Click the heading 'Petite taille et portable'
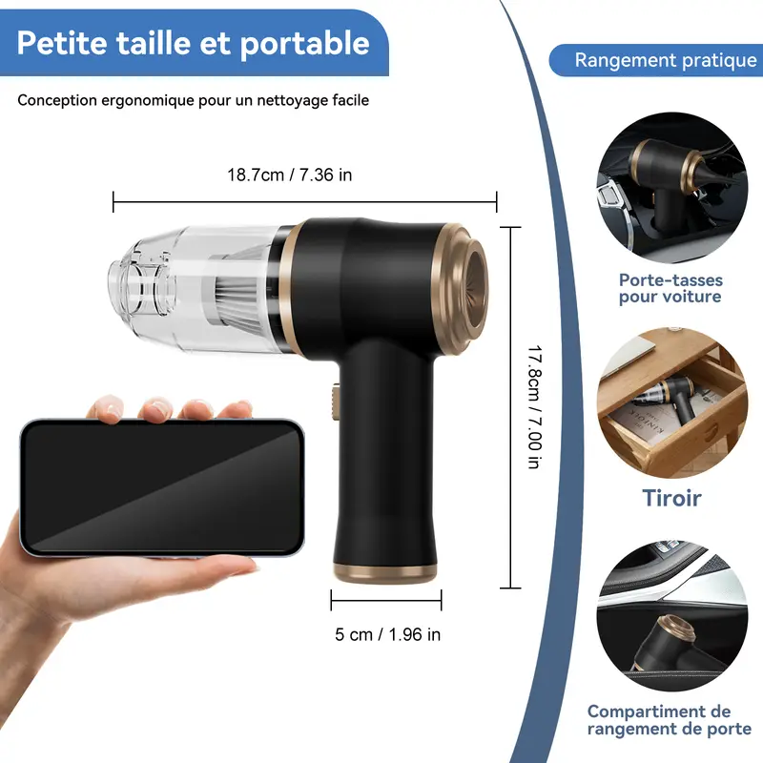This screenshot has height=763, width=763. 194,43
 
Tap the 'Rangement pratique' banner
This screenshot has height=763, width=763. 656,60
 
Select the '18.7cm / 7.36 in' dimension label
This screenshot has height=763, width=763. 290,175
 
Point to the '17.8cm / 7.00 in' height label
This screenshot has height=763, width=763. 535,407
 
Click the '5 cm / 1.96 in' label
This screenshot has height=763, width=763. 388,634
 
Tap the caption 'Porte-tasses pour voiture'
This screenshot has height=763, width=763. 670,288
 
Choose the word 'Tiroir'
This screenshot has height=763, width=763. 672,498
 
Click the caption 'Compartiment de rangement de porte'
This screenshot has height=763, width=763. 670,720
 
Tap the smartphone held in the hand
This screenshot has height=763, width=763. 162,487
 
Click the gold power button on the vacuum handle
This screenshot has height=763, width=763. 336,402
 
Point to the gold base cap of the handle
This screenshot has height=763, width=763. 385,573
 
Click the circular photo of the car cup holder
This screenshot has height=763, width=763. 672,188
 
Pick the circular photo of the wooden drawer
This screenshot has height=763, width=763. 672,402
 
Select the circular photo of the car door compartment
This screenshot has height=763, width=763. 672,616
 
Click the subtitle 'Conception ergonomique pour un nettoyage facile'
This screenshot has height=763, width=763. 194,100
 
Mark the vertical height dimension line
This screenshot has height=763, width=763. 510,407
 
